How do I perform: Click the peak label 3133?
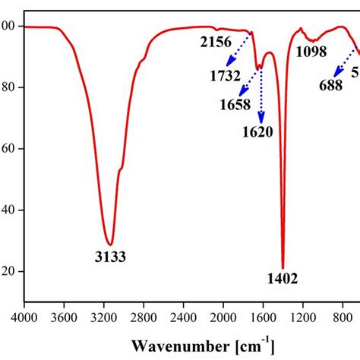[110, 257]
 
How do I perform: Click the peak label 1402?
[283, 280]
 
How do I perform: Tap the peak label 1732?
[226, 75]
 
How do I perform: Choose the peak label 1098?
[311, 52]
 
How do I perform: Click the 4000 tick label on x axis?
[25, 315]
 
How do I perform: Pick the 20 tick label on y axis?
[8, 272]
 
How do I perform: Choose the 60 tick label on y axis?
[8, 149]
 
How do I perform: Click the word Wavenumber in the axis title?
[174, 346]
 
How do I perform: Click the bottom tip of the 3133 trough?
[110, 244]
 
